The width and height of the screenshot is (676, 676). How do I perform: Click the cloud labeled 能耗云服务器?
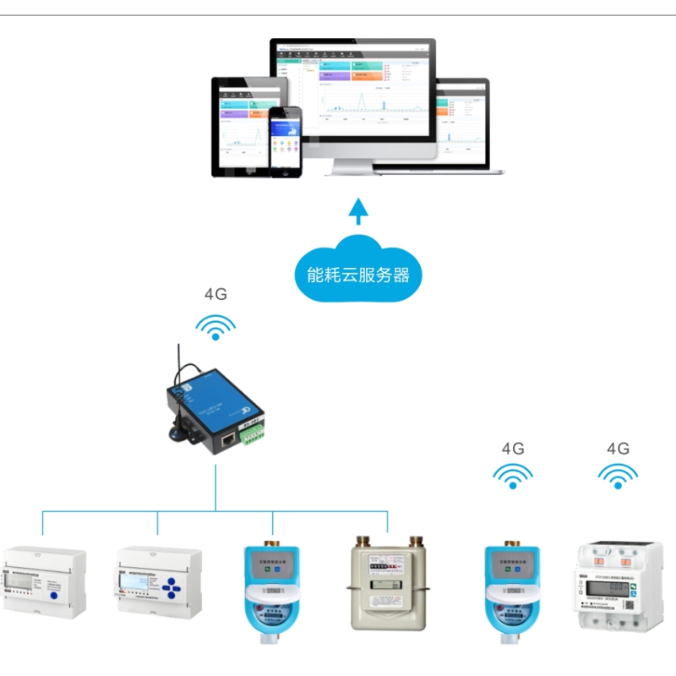click(x=358, y=270)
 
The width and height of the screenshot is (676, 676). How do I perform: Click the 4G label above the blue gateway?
click(x=216, y=295)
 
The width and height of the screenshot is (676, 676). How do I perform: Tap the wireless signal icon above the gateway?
click(x=216, y=327)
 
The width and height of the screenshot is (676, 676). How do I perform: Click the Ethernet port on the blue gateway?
click(x=228, y=439)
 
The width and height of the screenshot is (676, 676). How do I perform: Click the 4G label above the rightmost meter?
click(x=618, y=449)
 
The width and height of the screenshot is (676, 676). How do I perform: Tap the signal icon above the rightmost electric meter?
click(x=618, y=477)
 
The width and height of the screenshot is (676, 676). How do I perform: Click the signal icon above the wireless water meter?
click(x=513, y=477)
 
